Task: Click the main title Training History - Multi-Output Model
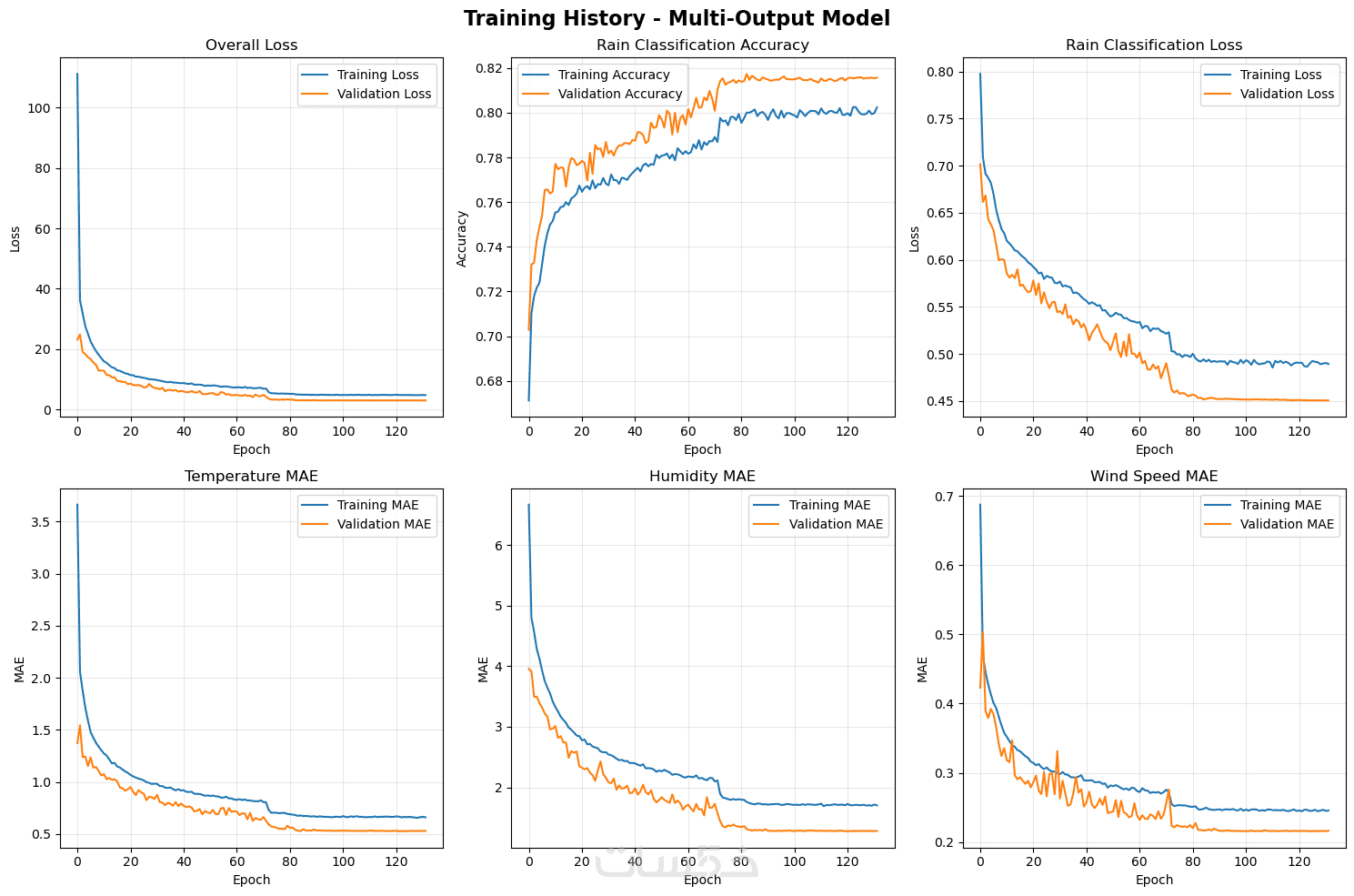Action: coord(677,18)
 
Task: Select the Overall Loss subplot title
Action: coord(251,45)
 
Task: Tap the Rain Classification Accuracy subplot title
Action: coord(702,45)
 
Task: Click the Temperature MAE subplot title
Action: coord(251,477)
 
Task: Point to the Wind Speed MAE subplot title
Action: coord(1154,477)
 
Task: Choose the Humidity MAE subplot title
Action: coord(702,477)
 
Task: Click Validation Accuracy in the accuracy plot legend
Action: coord(619,94)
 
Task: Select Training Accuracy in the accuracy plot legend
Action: coord(614,75)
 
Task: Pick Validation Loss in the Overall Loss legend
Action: coord(384,94)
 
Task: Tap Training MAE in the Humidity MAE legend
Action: coord(829,505)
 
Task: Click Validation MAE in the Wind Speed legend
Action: coord(1287,524)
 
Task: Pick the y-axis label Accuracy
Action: coord(462,238)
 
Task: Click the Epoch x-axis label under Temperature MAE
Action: coord(251,880)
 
